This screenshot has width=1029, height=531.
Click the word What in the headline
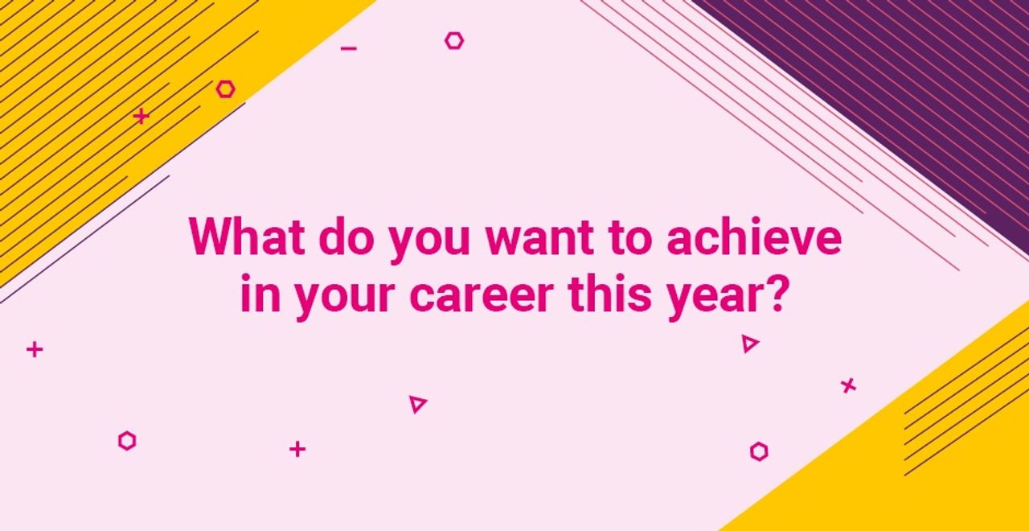tap(247, 237)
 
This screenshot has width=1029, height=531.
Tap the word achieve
tap(754, 237)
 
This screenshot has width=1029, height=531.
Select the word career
tap(482, 294)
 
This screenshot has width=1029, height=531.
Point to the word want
tap(540, 239)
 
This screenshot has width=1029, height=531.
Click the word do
tap(346, 237)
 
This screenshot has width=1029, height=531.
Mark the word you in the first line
tap(429, 241)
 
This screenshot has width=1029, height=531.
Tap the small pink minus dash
tap(349, 47)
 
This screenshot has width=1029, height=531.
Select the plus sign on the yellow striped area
tap(141, 116)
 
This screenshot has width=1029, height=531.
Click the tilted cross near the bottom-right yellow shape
tap(848, 385)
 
